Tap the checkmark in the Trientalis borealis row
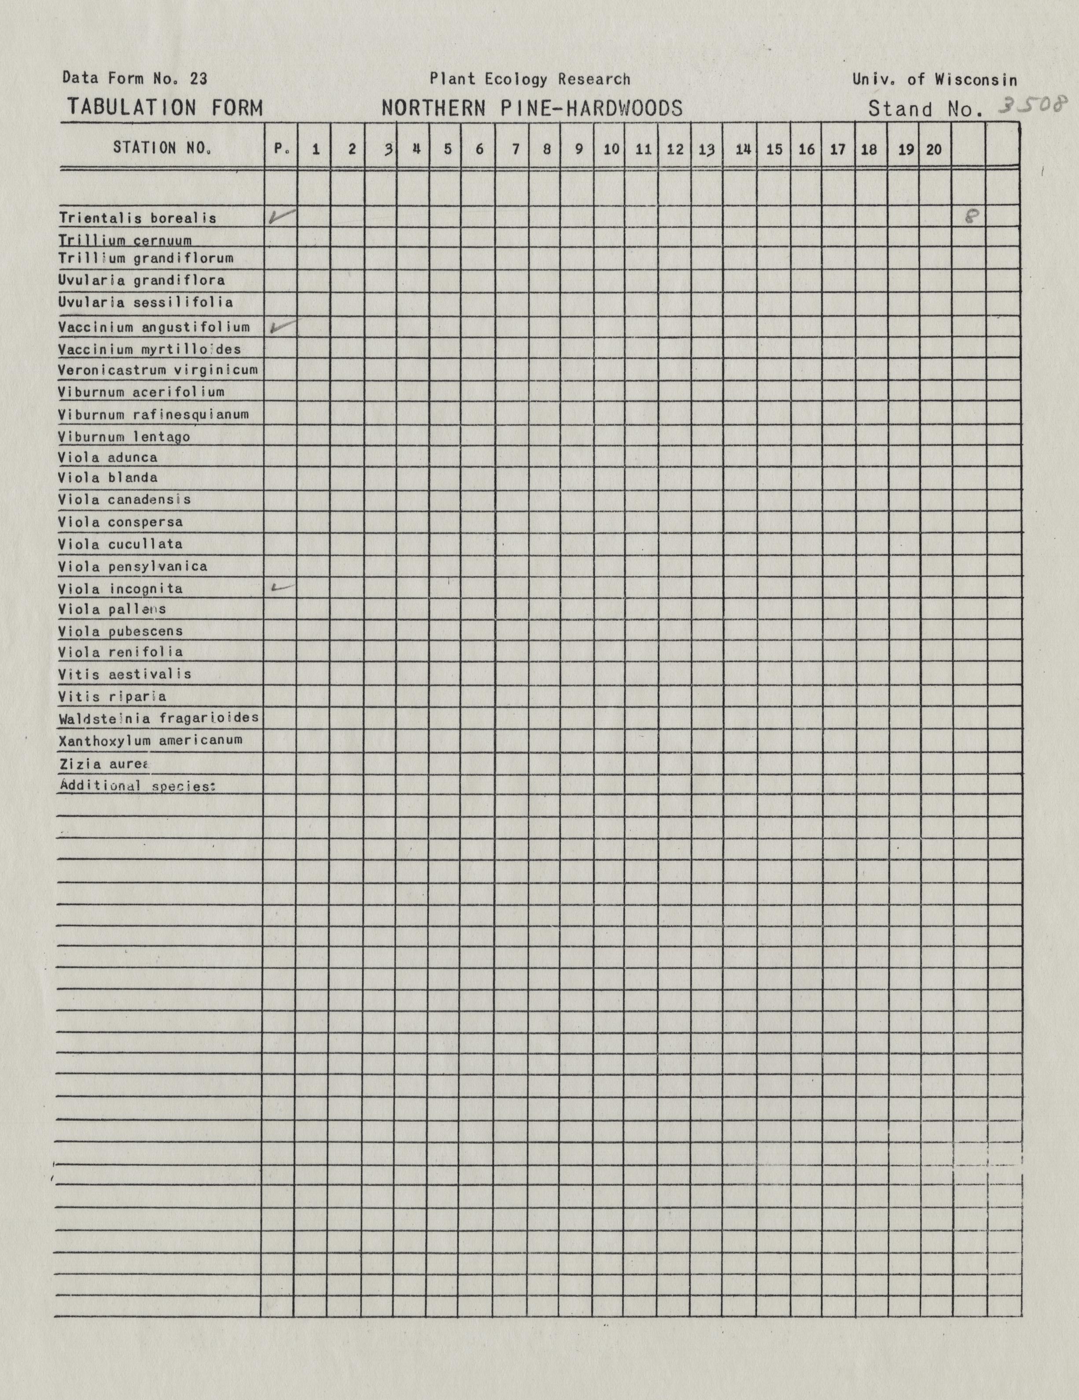point(281,217)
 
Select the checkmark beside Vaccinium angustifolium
point(282,327)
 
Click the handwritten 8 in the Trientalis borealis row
point(971,217)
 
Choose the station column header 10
point(611,149)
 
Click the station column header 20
point(934,149)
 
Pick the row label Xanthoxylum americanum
point(151,741)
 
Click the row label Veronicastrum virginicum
point(158,370)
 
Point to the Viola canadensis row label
point(124,500)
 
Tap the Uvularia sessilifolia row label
point(145,302)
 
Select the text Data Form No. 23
point(135,78)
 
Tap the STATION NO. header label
point(162,148)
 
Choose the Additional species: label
point(136,786)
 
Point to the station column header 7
point(515,149)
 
